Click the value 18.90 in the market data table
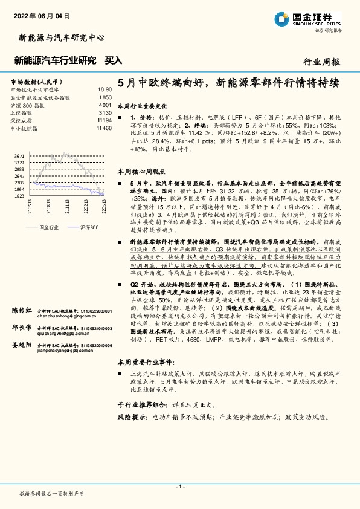104,89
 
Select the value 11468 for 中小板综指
103,128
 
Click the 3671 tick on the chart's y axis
19,156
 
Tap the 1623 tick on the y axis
19,196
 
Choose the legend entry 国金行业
48,227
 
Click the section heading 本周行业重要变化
143,105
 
